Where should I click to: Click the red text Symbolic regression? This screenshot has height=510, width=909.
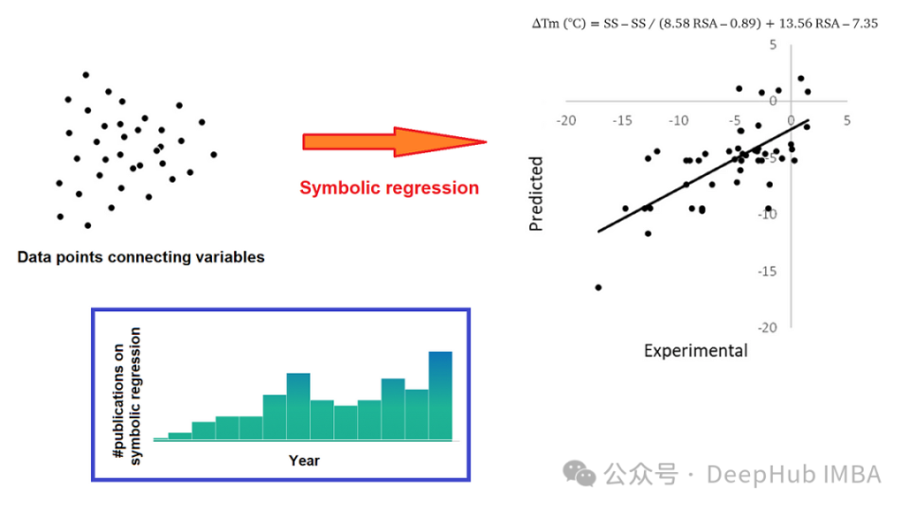click(x=389, y=187)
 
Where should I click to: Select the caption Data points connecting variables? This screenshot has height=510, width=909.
click(x=141, y=256)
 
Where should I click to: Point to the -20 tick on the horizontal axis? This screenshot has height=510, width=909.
click(x=566, y=120)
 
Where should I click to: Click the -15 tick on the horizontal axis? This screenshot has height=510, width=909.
click(x=622, y=120)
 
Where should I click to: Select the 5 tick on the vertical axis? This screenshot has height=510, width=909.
click(x=773, y=44)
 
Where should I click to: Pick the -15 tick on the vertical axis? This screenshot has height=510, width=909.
click(x=768, y=271)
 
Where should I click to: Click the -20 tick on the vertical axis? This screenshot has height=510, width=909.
click(x=768, y=327)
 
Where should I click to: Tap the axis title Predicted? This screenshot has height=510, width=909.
click(x=536, y=194)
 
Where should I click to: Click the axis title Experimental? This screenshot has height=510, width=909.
click(x=695, y=351)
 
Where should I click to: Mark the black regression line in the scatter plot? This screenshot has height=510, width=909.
click(x=701, y=176)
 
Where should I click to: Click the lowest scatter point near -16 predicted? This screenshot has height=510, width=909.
click(x=598, y=287)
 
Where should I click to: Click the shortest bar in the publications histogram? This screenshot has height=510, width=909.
click(x=160, y=439)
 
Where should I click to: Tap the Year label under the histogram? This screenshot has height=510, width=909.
click(x=304, y=461)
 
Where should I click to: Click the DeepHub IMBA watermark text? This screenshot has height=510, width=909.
click(x=793, y=474)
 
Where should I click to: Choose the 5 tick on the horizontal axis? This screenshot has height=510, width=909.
click(x=847, y=120)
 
